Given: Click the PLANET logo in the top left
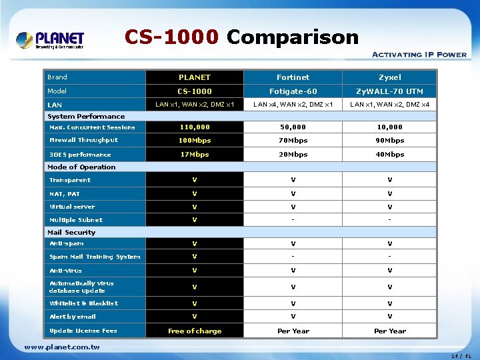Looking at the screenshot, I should (50, 40).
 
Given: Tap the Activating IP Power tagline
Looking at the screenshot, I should (419, 55).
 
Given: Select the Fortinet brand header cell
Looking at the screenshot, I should (293, 77).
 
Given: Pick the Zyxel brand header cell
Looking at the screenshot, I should (389, 77).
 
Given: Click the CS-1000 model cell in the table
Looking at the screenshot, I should (195, 91).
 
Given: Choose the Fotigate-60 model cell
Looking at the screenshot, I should (293, 91).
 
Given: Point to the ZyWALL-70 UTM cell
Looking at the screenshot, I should (389, 91).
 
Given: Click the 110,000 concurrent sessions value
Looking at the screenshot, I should (195, 127).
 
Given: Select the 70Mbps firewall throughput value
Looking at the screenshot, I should (293, 141).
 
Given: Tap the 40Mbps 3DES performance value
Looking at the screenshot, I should (389, 155).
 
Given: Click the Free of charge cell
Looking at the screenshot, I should (195, 331).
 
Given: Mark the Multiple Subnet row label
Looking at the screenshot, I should (76, 220).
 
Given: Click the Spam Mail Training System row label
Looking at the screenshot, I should (95, 257).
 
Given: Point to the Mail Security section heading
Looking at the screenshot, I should (71, 233).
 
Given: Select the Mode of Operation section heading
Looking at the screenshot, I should (81, 167).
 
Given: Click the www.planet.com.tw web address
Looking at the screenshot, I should (62, 347).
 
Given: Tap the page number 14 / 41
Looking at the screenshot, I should (461, 356).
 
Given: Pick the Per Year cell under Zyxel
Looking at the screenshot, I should (389, 331).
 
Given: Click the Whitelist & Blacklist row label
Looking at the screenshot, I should (83, 303).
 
